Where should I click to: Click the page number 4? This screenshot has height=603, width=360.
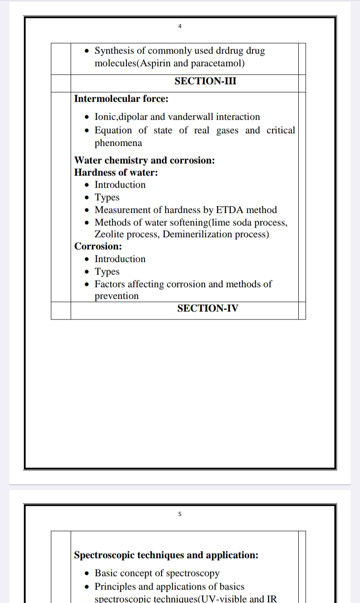180,26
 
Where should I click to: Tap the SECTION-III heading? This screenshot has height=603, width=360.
205,81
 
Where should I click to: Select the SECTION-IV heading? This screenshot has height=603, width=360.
207,308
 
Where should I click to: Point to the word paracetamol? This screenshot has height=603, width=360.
217,63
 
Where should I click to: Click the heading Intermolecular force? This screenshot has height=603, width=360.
121,99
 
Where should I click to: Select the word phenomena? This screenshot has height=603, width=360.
118,143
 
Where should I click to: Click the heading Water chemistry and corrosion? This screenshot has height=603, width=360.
144,160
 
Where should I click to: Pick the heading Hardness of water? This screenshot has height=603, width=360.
116,172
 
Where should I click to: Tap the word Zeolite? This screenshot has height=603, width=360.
110,234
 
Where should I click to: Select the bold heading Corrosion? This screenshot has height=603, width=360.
98,246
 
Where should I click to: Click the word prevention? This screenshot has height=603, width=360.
117,296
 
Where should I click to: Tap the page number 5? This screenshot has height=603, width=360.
180,514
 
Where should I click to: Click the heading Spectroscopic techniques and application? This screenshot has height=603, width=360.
166,555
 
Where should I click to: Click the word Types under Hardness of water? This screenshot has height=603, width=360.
107,198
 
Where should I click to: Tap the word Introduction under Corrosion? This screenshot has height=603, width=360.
120,259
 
